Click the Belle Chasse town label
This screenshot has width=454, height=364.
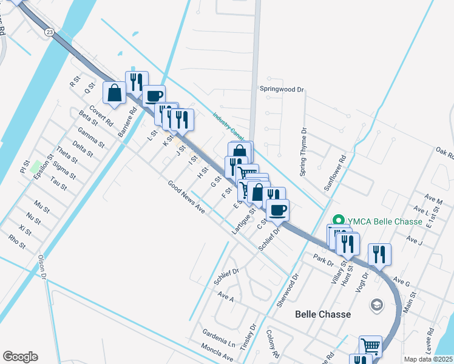[x=322, y=314]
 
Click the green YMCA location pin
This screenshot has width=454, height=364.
[x=338, y=221]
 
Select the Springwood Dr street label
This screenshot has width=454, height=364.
[x=282, y=89]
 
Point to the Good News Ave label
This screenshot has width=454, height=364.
[x=186, y=197]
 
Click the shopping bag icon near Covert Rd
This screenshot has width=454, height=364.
[x=115, y=93]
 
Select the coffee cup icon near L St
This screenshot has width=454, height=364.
[x=154, y=95]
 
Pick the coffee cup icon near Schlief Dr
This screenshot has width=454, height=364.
[x=277, y=210]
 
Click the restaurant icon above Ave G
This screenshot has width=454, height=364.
[x=380, y=254]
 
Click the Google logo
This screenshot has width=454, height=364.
[x=20, y=357]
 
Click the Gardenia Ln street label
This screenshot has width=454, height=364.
[x=219, y=341]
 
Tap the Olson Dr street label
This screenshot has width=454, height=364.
[x=42, y=267]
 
